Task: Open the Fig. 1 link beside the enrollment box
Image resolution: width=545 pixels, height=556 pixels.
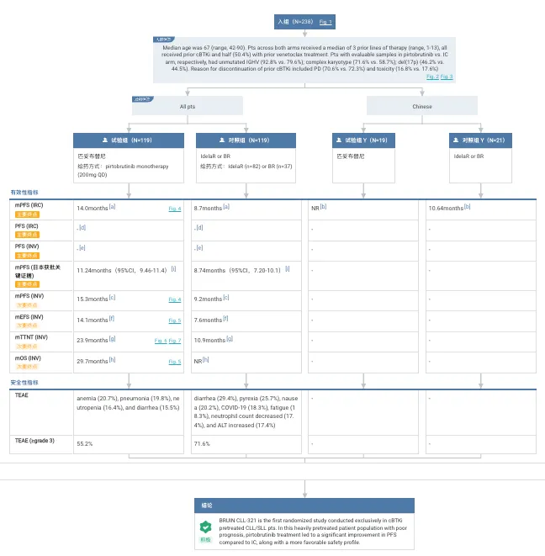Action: pyautogui.click(x=325, y=21)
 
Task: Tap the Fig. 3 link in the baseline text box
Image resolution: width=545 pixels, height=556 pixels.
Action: pyautogui.click(x=447, y=77)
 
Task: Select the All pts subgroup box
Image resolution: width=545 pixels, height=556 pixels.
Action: pyautogui.click(x=188, y=106)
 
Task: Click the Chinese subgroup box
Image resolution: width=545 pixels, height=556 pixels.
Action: pyautogui.click(x=421, y=106)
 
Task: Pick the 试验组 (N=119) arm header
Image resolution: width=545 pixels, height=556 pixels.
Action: pyautogui.click(x=128, y=140)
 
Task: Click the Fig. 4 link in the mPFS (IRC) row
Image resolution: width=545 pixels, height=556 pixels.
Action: pyautogui.click(x=174, y=207)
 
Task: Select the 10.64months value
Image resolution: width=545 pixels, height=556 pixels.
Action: pyautogui.click(x=446, y=207)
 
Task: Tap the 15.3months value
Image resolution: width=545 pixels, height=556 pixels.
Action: pyautogui.click(x=93, y=299)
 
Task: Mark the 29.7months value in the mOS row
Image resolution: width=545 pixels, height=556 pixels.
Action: pyautogui.click(x=93, y=361)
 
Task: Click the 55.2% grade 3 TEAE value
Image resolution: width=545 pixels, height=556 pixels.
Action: pyautogui.click(x=84, y=442)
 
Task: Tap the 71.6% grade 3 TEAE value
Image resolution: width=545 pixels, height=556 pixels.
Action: pyautogui.click(x=202, y=442)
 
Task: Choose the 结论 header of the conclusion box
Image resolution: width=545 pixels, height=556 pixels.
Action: pyautogui.click(x=207, y=505)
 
